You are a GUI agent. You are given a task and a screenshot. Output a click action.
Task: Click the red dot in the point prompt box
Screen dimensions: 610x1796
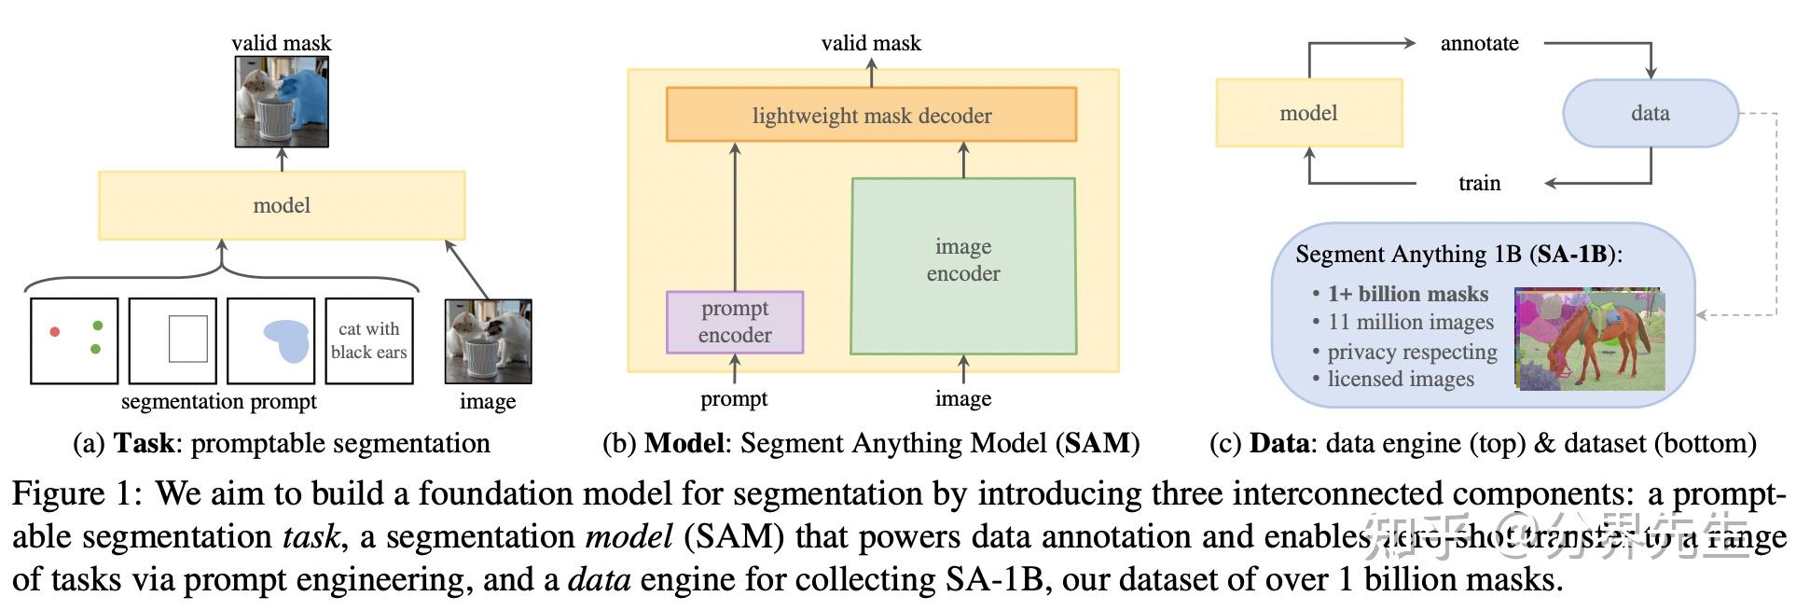(55, 332)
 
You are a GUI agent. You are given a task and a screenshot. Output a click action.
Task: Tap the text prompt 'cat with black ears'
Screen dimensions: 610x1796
(369, 340)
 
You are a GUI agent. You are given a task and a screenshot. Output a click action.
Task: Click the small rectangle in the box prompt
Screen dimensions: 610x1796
(187, 339)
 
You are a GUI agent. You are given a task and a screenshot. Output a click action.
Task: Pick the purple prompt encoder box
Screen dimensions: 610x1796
(735, 322)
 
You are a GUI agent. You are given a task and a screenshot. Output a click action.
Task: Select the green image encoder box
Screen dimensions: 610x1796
(963, 266)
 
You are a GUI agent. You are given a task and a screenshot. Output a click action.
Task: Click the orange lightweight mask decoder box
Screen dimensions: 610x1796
(871, 115)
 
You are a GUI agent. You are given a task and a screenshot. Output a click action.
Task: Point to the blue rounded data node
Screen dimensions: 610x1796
(1650, 113)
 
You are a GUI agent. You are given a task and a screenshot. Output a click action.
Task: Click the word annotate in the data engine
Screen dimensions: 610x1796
(1479, 43)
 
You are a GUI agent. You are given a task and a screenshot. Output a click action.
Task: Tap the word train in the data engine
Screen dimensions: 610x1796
(1479, 183)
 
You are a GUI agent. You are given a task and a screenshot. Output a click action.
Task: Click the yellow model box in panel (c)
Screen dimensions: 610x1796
(1308, 113)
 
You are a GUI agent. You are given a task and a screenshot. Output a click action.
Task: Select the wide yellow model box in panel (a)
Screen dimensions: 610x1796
(282, 205)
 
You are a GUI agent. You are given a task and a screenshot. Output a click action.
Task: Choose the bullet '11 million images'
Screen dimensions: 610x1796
(1409, 322)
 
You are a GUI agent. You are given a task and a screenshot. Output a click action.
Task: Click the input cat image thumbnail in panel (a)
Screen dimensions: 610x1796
(488, 341)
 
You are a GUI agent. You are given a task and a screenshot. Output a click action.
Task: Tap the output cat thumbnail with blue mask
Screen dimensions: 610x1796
(282, 102)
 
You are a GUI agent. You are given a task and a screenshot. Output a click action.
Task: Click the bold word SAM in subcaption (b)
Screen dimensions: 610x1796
(1097, 442)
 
